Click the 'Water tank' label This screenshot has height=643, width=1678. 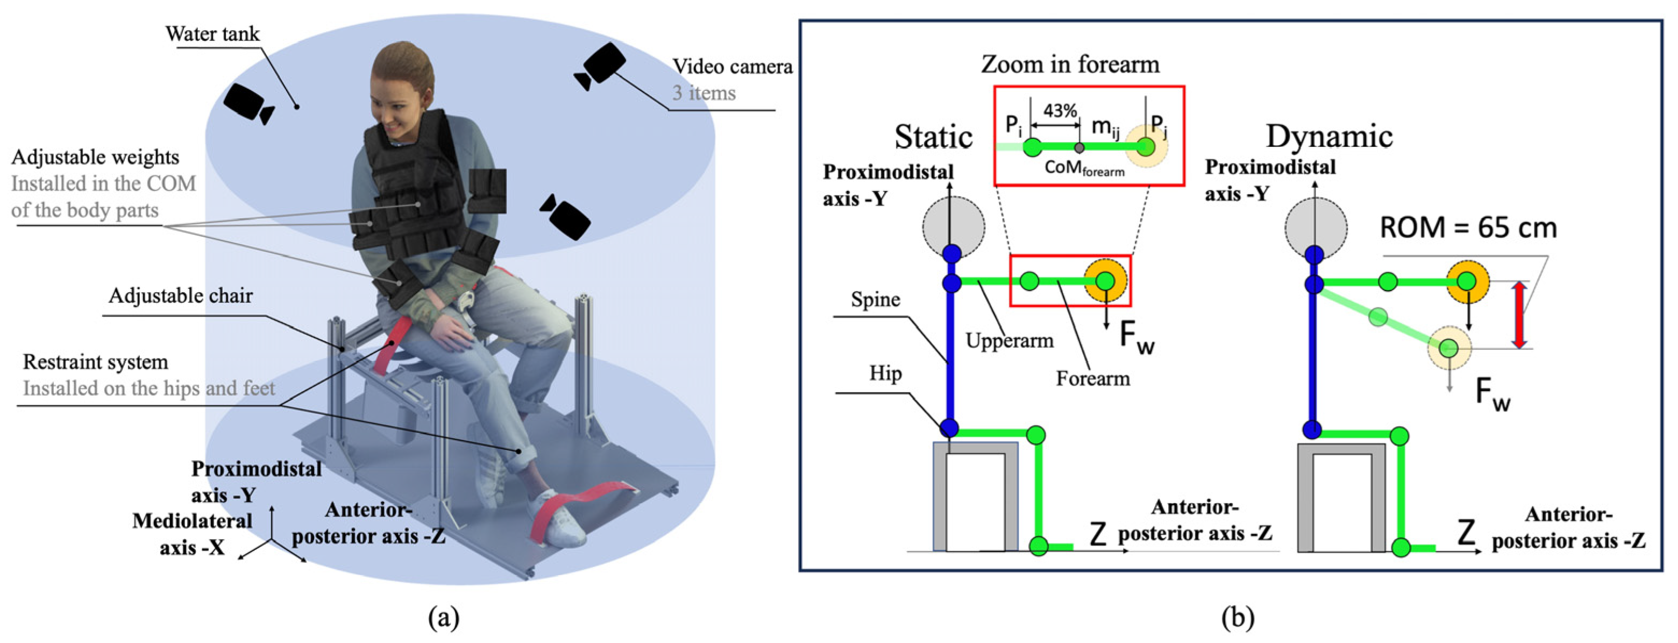pyautogui.click(x=212, y=34)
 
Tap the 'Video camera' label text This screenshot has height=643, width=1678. pyautogui.click(x=732, y=66)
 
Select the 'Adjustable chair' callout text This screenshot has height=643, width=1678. pyautogui.click(x=180, y=296)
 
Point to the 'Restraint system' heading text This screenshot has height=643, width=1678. pyautogui.click(x=95, y=362)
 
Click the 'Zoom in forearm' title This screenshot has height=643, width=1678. pyautogui.click(x=1070, y=65)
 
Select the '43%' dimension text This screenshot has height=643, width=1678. pyautogui.click(x=1060, y=111)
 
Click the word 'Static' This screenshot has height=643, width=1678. pyautogui.click(x=934, y=137)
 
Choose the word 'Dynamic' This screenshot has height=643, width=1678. pyautogui.click(x=1329, y=136)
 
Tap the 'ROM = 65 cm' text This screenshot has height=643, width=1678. pyautogui.click(x=1468, y=228)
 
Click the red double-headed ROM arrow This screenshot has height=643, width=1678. pyautogui.click(x=1519, y=315)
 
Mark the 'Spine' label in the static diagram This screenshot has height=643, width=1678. pyautogui.click(x=876, y=300)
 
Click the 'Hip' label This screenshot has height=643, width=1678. pyautogui.click(x=885, y=374)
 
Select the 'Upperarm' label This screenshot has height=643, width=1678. pyautogui.click(x=1009, y=340)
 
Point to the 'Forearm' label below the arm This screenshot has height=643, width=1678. pyautogui.click(x=1092, y=378)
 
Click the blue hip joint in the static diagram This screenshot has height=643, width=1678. pyautogui.click(x=949, y=428)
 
